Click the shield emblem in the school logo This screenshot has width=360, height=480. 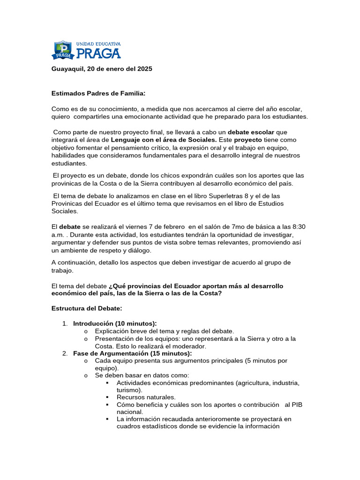click(x=63, y=50)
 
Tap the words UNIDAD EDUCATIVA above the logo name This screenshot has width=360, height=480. click(x=98, y=44)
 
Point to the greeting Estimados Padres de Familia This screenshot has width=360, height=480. click(x=98, y=93)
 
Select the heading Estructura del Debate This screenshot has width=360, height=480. click(x=87, y=308)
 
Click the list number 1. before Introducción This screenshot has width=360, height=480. click(x=65, y=323)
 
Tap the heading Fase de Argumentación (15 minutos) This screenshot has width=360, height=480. click(x=133, y=353)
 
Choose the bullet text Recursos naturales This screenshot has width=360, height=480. click(x=146, y=397)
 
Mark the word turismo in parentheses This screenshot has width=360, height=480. click(x=129, y=390)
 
